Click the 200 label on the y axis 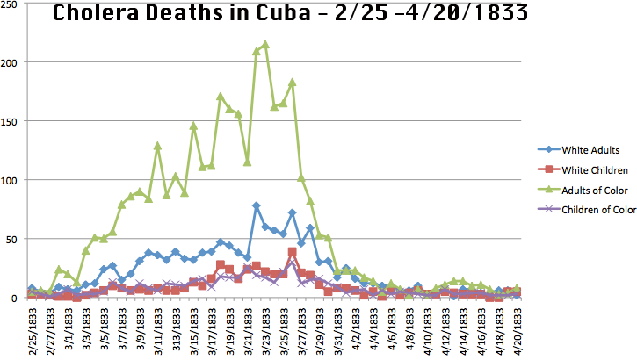tap(12, 62)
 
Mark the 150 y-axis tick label tap(12, 121)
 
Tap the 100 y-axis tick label tap(12, 180)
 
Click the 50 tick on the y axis tap(15, 239)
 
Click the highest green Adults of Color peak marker tap(265, 44)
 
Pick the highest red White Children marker tap(293, 251)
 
